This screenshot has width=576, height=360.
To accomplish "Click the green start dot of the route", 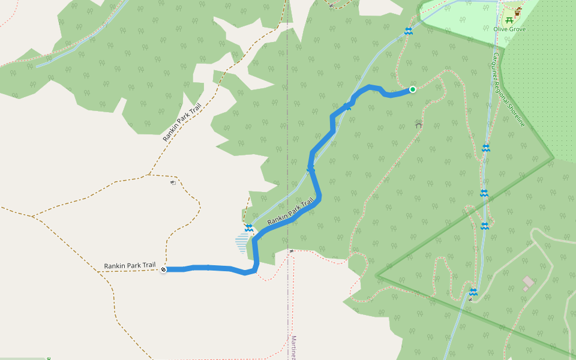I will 413,89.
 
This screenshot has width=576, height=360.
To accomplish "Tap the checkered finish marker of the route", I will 163,270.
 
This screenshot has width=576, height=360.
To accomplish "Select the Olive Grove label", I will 509,29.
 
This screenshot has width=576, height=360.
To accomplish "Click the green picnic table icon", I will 509,20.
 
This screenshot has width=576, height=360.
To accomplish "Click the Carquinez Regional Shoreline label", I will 509,89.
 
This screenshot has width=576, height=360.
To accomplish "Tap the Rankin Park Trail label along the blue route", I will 290,212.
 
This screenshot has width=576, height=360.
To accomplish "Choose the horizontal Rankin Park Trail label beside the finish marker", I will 130,265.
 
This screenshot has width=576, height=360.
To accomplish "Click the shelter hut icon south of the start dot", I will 418,124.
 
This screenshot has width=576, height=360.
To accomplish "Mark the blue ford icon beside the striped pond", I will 248,227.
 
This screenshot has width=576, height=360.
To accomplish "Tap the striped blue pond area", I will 242,243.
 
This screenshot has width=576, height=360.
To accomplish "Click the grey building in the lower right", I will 528,281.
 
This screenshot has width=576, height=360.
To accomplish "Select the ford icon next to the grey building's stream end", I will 473,292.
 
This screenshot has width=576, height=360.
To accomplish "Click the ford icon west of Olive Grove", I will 408,31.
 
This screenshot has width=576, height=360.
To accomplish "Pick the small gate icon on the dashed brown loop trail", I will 172,183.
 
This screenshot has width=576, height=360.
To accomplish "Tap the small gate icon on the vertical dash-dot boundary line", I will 290,251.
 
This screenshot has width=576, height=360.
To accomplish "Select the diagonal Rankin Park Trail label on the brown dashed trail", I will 182,122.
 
